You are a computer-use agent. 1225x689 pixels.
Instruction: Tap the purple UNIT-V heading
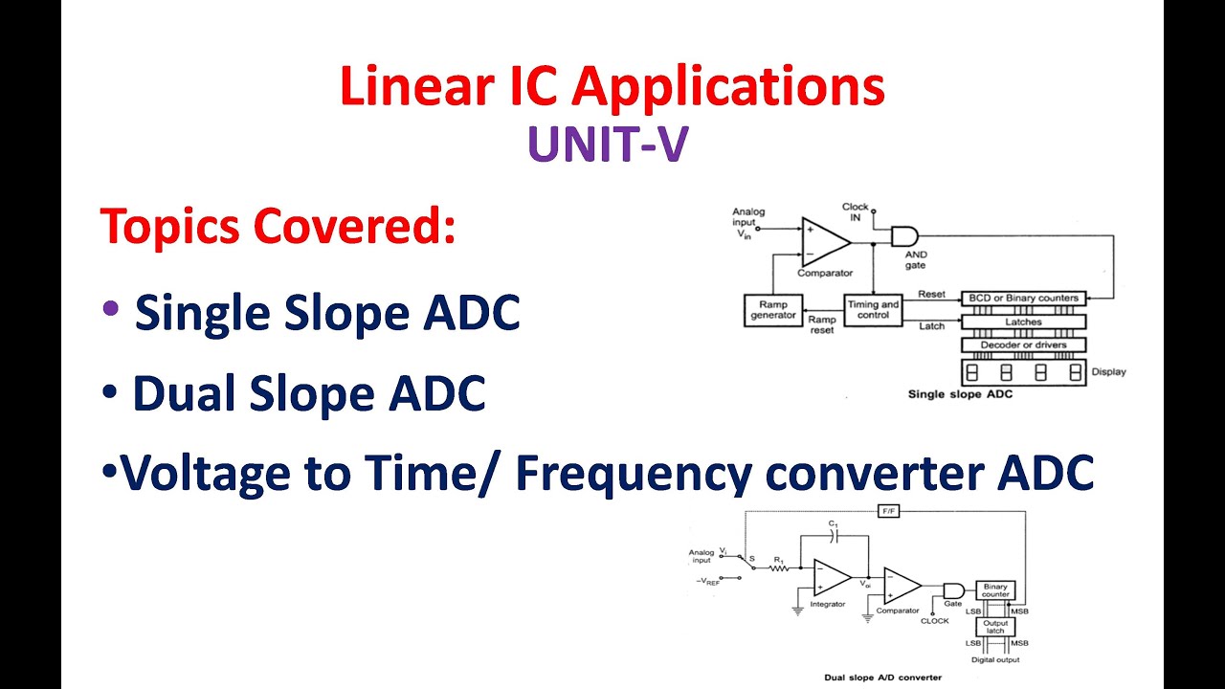(607, 146)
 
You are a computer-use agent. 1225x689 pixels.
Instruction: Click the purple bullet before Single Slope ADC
(111, 308)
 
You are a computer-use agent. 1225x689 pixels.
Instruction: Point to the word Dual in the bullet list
(187, 393)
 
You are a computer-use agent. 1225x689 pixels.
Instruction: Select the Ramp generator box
(772, 309)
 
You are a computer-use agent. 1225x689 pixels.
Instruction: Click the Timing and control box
(873, 309)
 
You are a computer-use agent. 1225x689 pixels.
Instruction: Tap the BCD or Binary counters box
(1022, 298)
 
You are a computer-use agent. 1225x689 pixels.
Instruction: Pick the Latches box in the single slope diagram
(1022, 322)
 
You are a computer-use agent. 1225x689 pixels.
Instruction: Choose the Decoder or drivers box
(1022, 344)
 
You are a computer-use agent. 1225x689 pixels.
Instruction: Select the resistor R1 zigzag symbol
(778, 567)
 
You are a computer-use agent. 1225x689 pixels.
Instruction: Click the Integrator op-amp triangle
(831, 577)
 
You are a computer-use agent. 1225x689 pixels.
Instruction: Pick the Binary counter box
(994, 589)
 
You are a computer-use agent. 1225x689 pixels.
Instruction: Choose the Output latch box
(995, 627)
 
